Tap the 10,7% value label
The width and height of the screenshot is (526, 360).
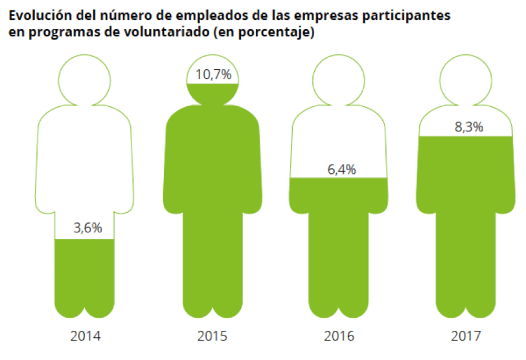[x=213, y=74]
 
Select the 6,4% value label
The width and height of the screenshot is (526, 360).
[x=341, y=170]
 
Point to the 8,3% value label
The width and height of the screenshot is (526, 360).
[x=468, y=128]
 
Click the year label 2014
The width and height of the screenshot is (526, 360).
[x=85, y=336]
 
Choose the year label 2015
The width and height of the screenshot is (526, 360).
[x=213, y=336]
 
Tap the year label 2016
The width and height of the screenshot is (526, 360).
[x=341, y=336]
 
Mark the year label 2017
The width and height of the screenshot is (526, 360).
[x=468, y=336]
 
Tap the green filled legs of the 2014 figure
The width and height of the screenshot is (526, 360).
[x=85, y=278]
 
